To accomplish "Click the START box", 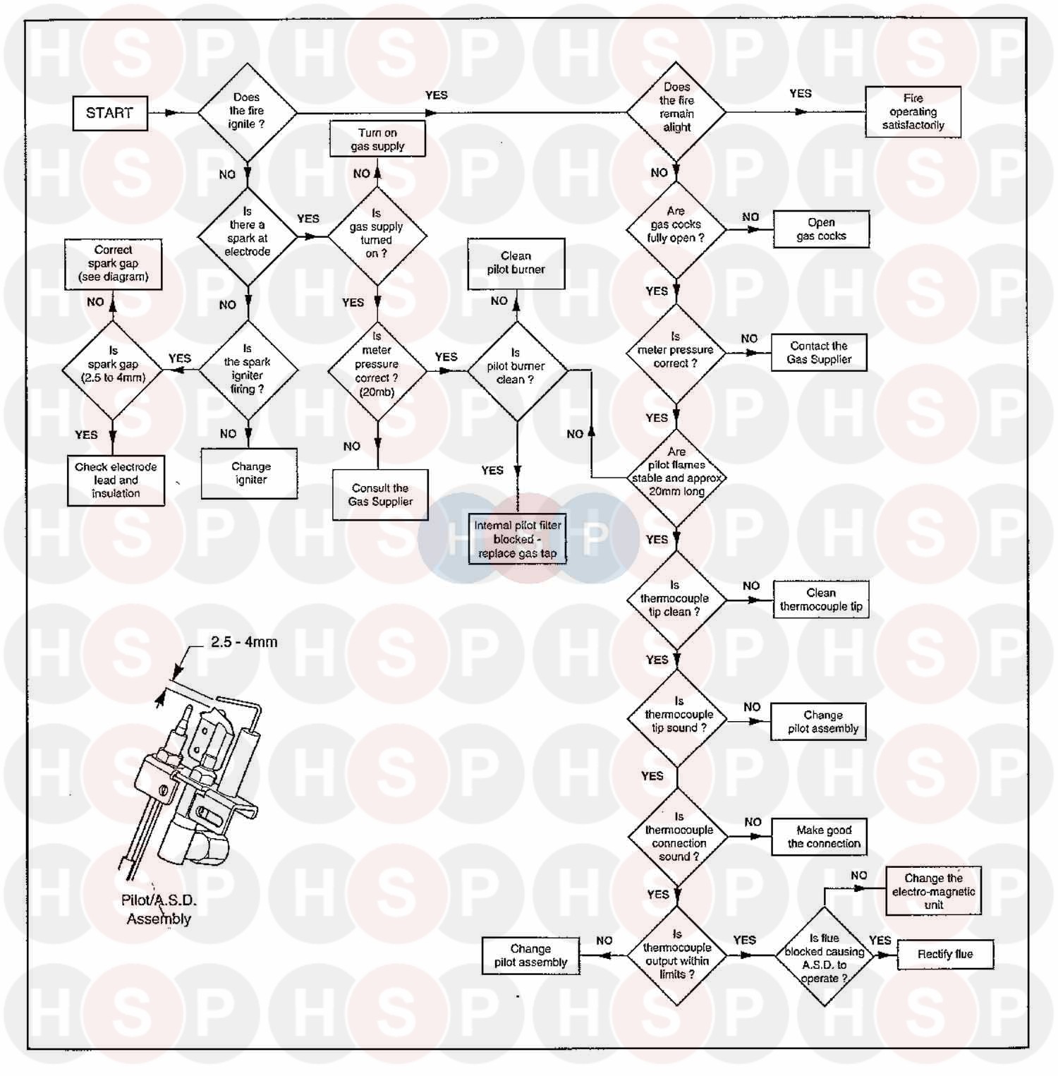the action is click(x=110, y=113).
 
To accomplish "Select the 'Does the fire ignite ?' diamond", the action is click(x=247, y=111).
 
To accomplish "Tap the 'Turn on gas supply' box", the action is click(x=378, y=139).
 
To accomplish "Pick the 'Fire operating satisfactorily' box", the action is click(x=913, y=111).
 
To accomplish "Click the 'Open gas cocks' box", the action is click(x=821, y=229).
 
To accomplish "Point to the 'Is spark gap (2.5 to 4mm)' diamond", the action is click(x=113, y=370).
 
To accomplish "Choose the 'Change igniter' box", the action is click(x=250, y=473).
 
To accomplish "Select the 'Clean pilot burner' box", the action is click(x=516, y=263).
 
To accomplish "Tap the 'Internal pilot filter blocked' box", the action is click(x=518, y=539).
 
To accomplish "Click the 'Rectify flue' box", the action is click(x=945, y=955).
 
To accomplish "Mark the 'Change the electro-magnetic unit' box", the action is click(x=933, y=891).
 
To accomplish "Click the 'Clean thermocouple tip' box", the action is click(x=821, y=600).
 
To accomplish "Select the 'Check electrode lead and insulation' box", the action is click(x=116, y=480).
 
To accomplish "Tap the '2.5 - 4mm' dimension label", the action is click(x=244, y=642).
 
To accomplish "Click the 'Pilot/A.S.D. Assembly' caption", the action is click(x=159, y=909).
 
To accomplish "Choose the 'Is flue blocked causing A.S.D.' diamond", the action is click(x=824, y=956).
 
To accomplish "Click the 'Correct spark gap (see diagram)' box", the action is click(x=113, y=264).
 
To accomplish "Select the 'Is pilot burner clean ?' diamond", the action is click(x=517, y=371).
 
